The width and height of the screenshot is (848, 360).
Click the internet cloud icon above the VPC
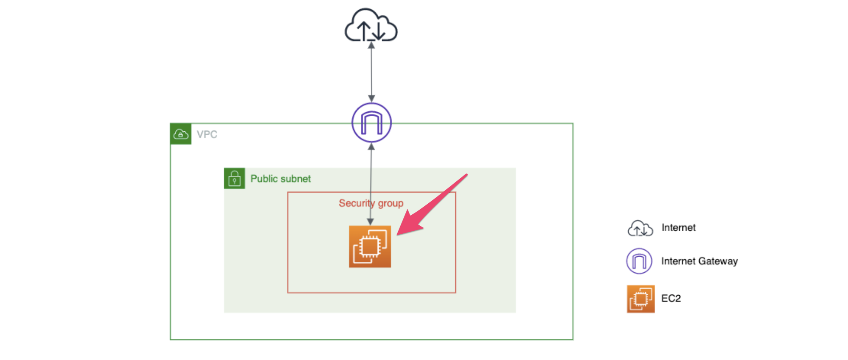point(371,25)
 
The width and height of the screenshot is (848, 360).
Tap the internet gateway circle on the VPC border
point(371,123)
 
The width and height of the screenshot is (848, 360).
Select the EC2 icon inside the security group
point(370,246)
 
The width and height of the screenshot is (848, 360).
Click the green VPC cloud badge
point(181,134)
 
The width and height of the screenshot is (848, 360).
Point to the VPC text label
point(207,134)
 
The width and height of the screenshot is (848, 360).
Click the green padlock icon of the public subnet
point(234,178)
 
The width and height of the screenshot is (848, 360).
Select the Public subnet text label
point(280,179)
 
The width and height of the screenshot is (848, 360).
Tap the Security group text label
point(371,203)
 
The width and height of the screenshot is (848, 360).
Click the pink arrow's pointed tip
point(399,233)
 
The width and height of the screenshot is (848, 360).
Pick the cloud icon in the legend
point(640,229)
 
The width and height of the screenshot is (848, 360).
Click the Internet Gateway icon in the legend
point(639,261)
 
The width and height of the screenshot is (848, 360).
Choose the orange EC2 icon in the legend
point(640,299)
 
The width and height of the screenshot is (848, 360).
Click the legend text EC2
point(671,298)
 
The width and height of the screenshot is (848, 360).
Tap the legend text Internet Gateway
point(699,261)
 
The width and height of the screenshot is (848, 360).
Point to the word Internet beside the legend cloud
point(679,228)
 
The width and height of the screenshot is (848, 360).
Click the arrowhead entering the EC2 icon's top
point(370,222)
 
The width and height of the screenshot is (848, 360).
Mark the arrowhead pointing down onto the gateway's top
point(371,99)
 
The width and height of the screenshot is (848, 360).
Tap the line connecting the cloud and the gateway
point(371,72)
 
